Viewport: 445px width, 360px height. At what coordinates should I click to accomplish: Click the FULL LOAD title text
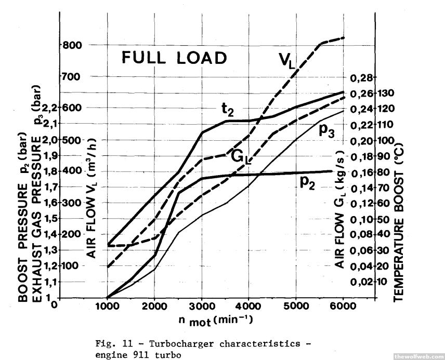174,58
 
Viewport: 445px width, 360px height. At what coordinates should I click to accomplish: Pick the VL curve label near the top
286,61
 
